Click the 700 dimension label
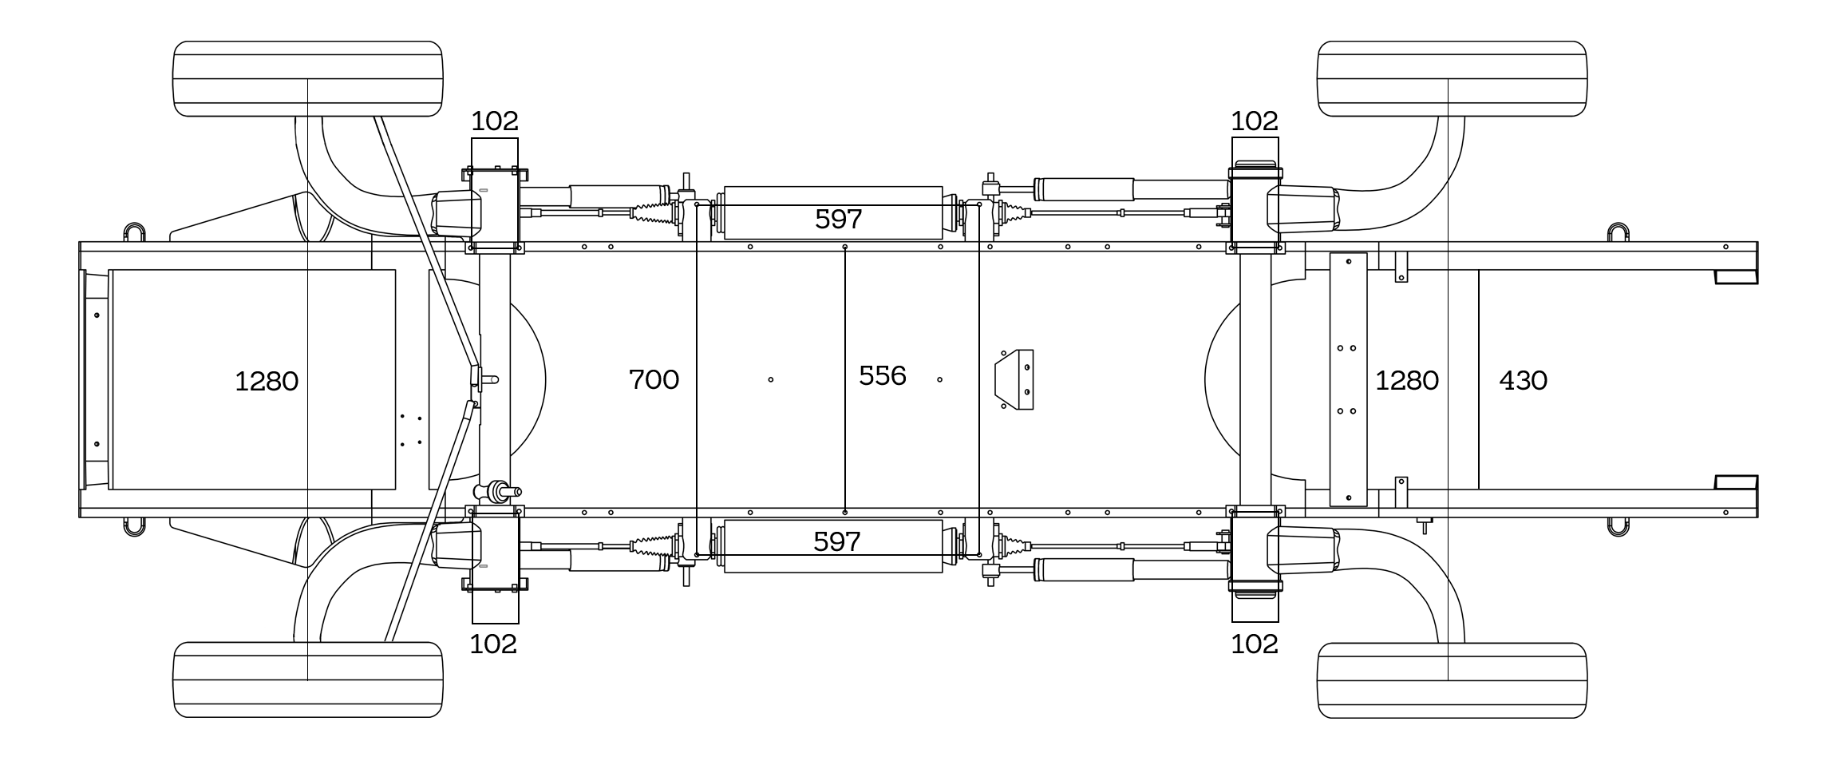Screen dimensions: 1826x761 coord(654,379)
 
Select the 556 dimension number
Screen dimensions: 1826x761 coord(882,375)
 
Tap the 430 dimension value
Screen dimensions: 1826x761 coord(1523,380)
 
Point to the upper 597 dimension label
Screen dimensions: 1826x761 coord(838,219)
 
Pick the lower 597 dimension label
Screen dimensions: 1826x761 coord(836,541)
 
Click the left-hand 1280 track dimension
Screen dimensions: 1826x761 coord(267,381)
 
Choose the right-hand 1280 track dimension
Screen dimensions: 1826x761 coord(1406,380)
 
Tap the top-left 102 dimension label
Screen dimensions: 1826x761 coord(494,121)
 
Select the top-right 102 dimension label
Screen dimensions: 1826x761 coord(1254,121)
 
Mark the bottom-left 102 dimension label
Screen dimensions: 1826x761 coord(492,644)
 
